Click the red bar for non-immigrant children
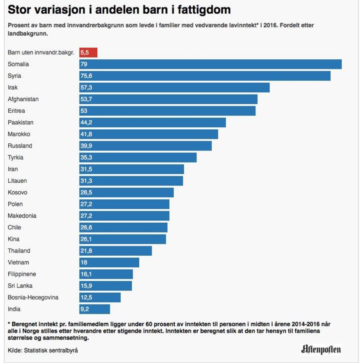point(88,53)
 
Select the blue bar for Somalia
point(210,64)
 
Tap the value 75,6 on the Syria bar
point(86,76)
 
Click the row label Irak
point(13,87)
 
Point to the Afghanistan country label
point(23,99)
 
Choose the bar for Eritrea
point(167,111)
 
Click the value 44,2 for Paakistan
point(86,123)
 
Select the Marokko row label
point(19,134)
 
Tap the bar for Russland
point(145,146)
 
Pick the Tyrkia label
point(16,157)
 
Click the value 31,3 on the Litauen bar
point(86,181)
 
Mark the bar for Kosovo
point(126,192)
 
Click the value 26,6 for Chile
point(86,227)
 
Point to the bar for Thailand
point(115,251)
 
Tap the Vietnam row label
point(18,262)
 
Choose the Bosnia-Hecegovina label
point(33,297)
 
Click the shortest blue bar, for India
point(95,309)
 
